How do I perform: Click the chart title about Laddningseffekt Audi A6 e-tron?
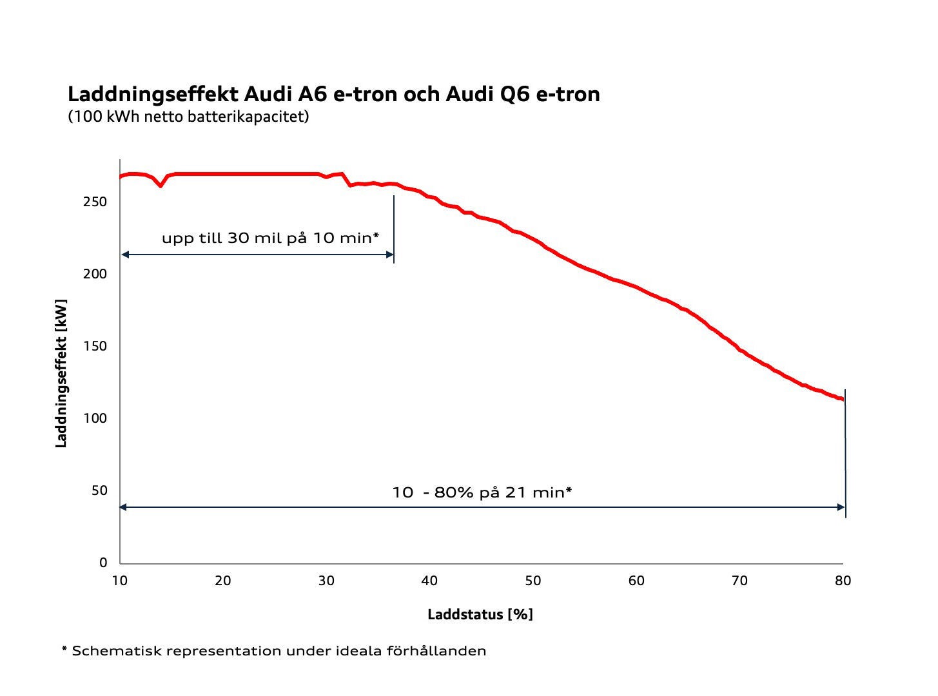(x=333, y=94)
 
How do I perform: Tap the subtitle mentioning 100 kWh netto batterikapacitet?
(x=188, y=117)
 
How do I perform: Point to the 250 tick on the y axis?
(x=95, y=202)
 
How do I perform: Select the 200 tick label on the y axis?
(x=95, y=274)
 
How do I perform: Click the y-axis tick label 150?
(x=95, y=346)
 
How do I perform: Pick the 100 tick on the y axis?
(x=95, y=418)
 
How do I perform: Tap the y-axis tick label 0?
(x=103, y=563)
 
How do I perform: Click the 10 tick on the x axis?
(x=120, y=581)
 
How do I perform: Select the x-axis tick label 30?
(x=326, y=581)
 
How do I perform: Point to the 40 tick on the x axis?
(x=429, y=581)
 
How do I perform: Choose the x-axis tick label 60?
(x=636, y=581)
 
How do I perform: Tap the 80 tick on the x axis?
(x=843, y=581)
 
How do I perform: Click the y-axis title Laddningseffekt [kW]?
(x=61, y=373)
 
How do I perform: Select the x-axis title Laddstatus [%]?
(x=480, y=614)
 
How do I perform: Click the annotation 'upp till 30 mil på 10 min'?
(x=270, y=238)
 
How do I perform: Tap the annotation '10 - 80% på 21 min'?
(x=482, y=492)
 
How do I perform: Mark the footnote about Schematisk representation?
(x=274, y=651)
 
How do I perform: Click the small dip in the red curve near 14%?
(x=161, y=186)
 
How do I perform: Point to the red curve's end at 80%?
(x=841, y=400)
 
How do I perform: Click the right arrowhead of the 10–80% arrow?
(x=841, y=507)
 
